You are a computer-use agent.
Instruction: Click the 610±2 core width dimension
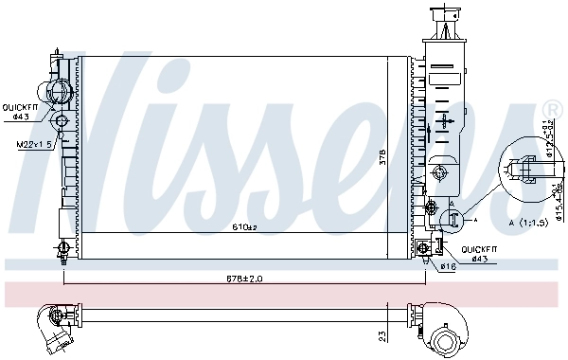(245, 227)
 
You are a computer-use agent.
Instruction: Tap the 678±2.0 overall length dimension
(244, 278)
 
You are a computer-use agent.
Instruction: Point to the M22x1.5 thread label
(31, 144)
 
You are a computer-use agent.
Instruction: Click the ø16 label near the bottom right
(447, 266)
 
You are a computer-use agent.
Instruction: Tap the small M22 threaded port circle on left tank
(62, 121)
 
